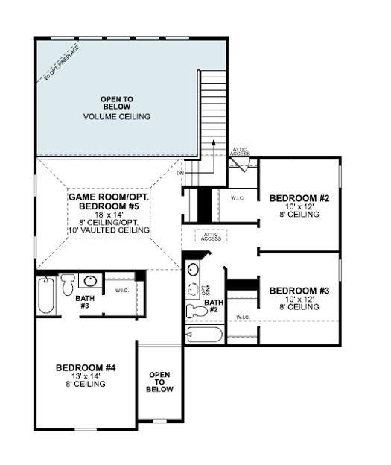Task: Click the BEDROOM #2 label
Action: pyautogui.click(x=294, y=198)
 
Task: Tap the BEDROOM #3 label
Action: pyautogui.click(x=294, y=290)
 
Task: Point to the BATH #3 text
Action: pyautogui.click(x=85, y=302)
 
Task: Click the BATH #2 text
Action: pyautogui.click(x=214, y=307)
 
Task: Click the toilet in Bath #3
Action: pyautogui.click(x=68, y=283)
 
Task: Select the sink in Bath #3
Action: pyautogui.click(x=91, y=282)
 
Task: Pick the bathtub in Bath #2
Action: pyautogui.click(x=205, y=333)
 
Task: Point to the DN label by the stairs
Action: pyautogui.click(x=180, y=173)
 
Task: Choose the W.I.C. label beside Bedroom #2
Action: pyautogui.click(x=238, y=198)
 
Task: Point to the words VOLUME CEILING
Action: pyautogui.click(x=117, y=117)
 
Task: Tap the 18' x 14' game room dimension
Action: pyautogui.click(x=109, y=214)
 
